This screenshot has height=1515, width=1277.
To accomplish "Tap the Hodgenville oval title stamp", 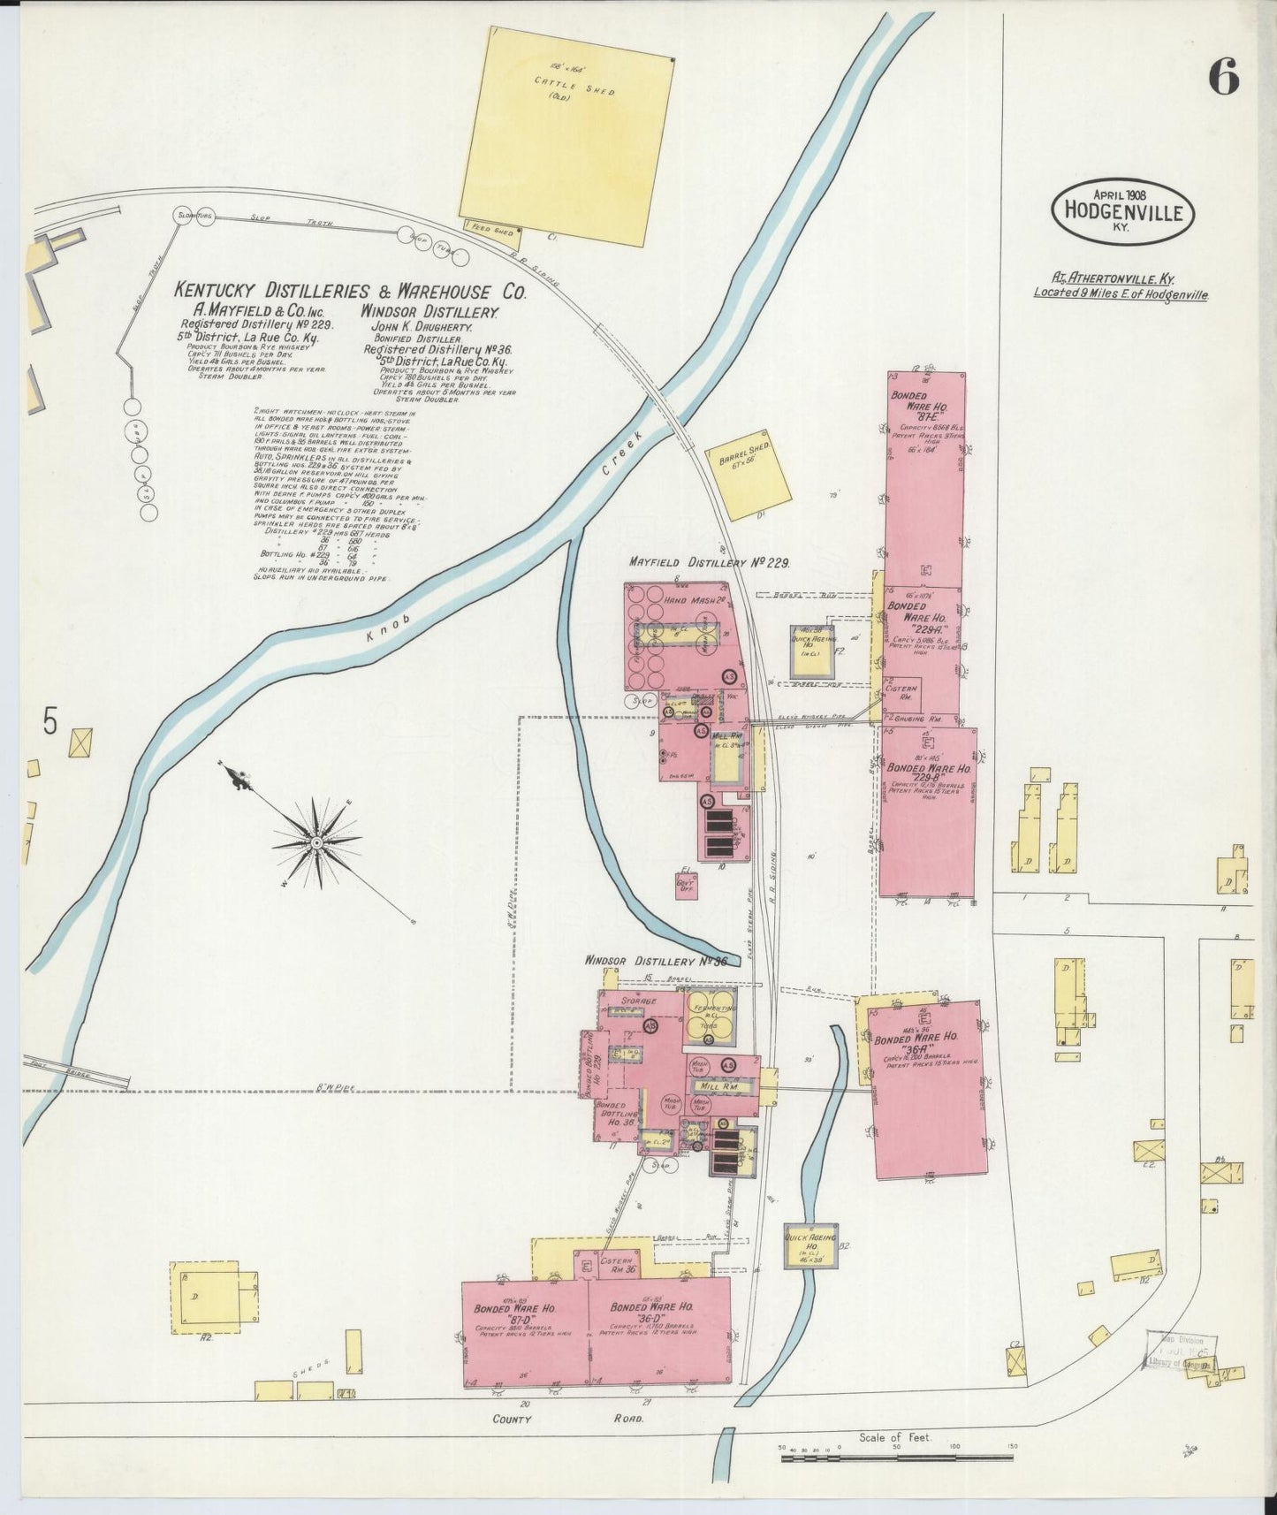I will [x=1121, y=212].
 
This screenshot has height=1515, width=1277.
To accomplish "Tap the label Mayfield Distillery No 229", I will [x=709, y=562].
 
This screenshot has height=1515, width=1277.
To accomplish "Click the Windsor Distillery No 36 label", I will [x=655, y=961].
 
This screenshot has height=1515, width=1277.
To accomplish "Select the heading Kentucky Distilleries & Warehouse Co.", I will [x=350, y=291].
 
